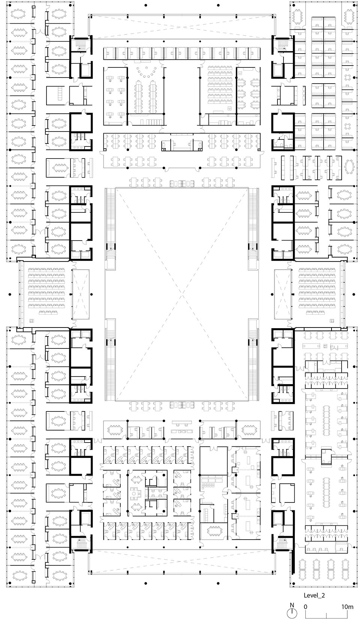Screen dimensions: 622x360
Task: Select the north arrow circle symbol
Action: click(292, 613)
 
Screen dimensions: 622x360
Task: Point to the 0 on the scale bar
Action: click(306, 607)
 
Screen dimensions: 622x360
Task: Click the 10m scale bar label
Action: click(347, 607)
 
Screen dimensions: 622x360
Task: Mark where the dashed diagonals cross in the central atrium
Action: click(182, 294)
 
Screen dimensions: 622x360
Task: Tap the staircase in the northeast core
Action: click(283, 45)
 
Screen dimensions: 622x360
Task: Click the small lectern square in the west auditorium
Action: click(32, 320)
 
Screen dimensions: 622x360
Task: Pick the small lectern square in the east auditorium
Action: click(332, 320)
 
